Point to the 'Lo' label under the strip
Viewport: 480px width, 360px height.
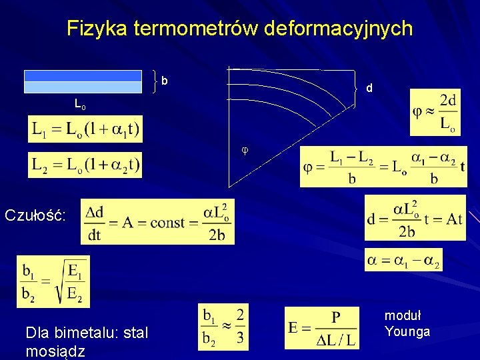[x=79, y=105]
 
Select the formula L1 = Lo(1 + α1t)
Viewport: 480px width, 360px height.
[x=85, y=129]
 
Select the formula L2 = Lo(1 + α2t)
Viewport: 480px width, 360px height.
[x=85, y=165]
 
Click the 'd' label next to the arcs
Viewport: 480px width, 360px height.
[x=369, y=88]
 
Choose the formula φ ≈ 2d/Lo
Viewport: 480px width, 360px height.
[x=434, y=111]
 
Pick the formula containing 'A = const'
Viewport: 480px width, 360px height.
[x=157, y=221]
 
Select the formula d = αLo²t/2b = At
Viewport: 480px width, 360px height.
[x=415, y=218]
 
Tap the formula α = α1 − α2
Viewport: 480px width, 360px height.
[x=403, y=259]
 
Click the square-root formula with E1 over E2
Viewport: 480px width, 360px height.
[x=53, y=281]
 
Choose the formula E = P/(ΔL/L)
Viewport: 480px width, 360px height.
[x=323, y=327]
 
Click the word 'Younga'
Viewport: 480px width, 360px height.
[x=407, y=331]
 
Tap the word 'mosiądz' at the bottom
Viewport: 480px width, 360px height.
[x=55, y=351]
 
